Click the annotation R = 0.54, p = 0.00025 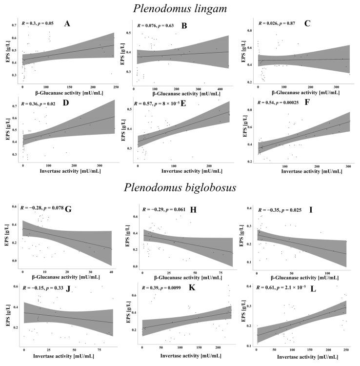click(x=285, y=104)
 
